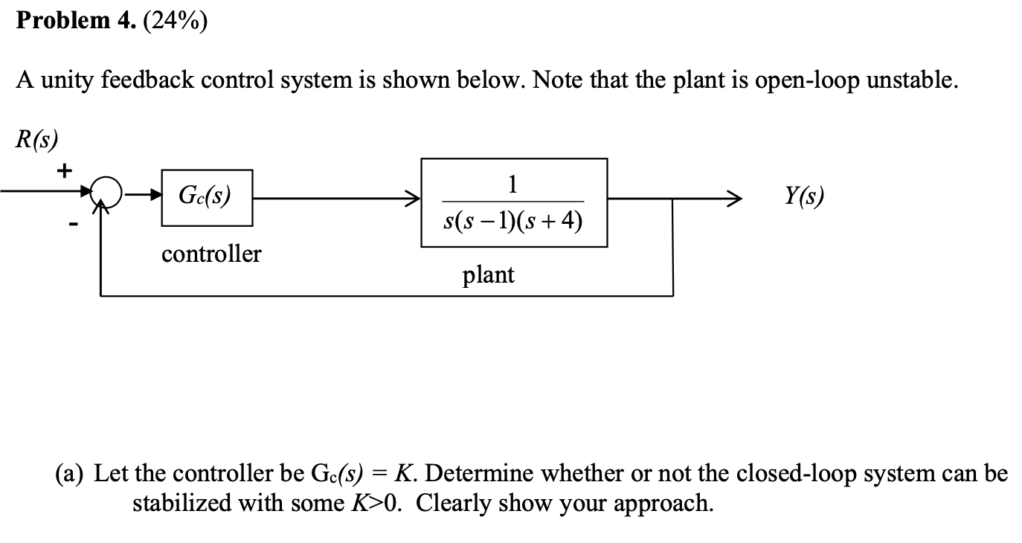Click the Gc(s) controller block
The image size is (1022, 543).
pyautogui.click(x=207, y=198)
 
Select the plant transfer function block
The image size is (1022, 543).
pyautogui.click(x=514, y=202)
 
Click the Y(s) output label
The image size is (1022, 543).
pyautogui.click(x=805, y=196)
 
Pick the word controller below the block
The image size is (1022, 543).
pyautogui.click(x=211, y=254)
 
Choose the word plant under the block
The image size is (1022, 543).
pyautogui.click(x=488, y=275)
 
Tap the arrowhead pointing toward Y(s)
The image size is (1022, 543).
pyautogui.click(x=735, y=199)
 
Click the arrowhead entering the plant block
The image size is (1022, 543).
pyautogui.click(x=413, y=199)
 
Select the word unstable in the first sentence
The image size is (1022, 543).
pyautogui.click(x=910, y=80)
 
